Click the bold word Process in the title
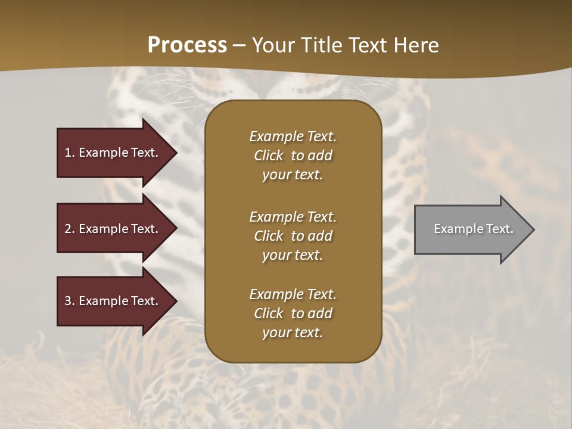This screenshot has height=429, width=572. (x=187, y=45)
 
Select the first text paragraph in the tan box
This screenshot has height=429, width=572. (x=293, y=156)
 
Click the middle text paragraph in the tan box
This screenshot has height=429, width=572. (x=293, y=236)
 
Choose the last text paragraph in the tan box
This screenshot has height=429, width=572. (x=293, y=313)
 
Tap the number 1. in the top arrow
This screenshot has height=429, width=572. (x=70, y=153)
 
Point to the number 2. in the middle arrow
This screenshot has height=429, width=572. (x=70, y=229)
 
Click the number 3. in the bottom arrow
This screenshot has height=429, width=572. (x=70, y=301)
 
